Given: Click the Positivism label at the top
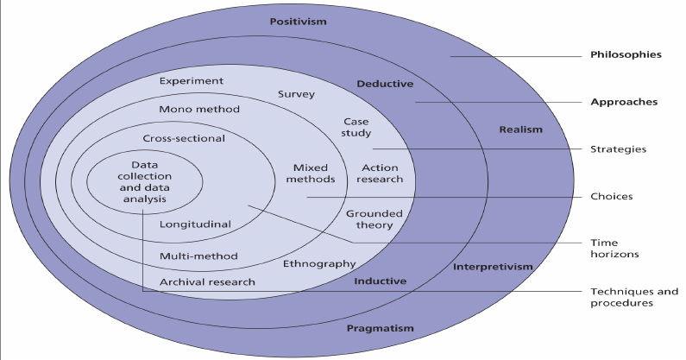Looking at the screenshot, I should click(298, 22).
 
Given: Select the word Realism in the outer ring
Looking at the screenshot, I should click(520, 129).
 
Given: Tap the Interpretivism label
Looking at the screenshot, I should click(493, 267).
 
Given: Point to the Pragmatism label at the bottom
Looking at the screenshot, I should click(380, 328).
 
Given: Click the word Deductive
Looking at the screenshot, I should click(385, 84).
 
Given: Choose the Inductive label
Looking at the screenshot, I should click(380, 281).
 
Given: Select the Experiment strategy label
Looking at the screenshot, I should click(192, 81).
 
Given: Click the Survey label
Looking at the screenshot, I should click(296, 94).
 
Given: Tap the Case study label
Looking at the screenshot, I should click(356, 128).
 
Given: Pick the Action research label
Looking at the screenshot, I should click(381, 174).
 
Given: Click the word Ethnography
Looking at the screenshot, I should click(319, 263).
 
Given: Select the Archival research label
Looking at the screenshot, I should click(207, 282).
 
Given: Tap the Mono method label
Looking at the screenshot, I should click(199, 110).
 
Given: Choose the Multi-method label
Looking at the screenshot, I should click(198, 256).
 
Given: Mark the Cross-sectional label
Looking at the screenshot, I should click(183, 138).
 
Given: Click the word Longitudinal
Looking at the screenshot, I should click(195, 224).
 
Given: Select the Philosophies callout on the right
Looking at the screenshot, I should click(626, 54).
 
